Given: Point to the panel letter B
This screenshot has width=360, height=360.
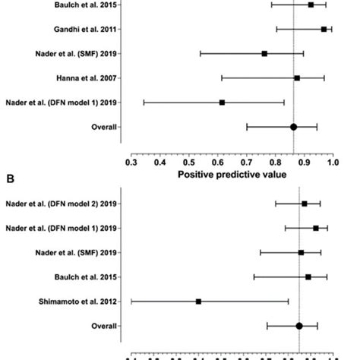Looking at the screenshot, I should coord(10,180).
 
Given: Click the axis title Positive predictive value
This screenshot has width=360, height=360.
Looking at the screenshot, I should coord(232,175).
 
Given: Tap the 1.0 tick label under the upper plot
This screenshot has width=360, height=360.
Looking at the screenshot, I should coord(333,162).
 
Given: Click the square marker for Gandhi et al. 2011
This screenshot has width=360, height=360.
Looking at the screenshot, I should coord(324,30).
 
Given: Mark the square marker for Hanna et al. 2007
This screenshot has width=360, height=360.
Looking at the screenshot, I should coord(297,78).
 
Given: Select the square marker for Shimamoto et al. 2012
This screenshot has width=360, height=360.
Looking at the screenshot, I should coord(198,302).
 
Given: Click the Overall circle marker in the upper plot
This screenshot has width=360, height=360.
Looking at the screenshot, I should coord(294,127).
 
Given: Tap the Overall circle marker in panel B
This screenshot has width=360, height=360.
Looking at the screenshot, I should coord(299,326).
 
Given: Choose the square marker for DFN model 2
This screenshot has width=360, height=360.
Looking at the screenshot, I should coord(304,204).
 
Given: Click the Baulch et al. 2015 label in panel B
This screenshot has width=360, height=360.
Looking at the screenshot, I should coord(87,277).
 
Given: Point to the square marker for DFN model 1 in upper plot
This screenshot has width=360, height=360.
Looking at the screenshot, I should coord(222,103).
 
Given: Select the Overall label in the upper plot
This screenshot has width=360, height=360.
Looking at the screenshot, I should coord(102,127).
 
